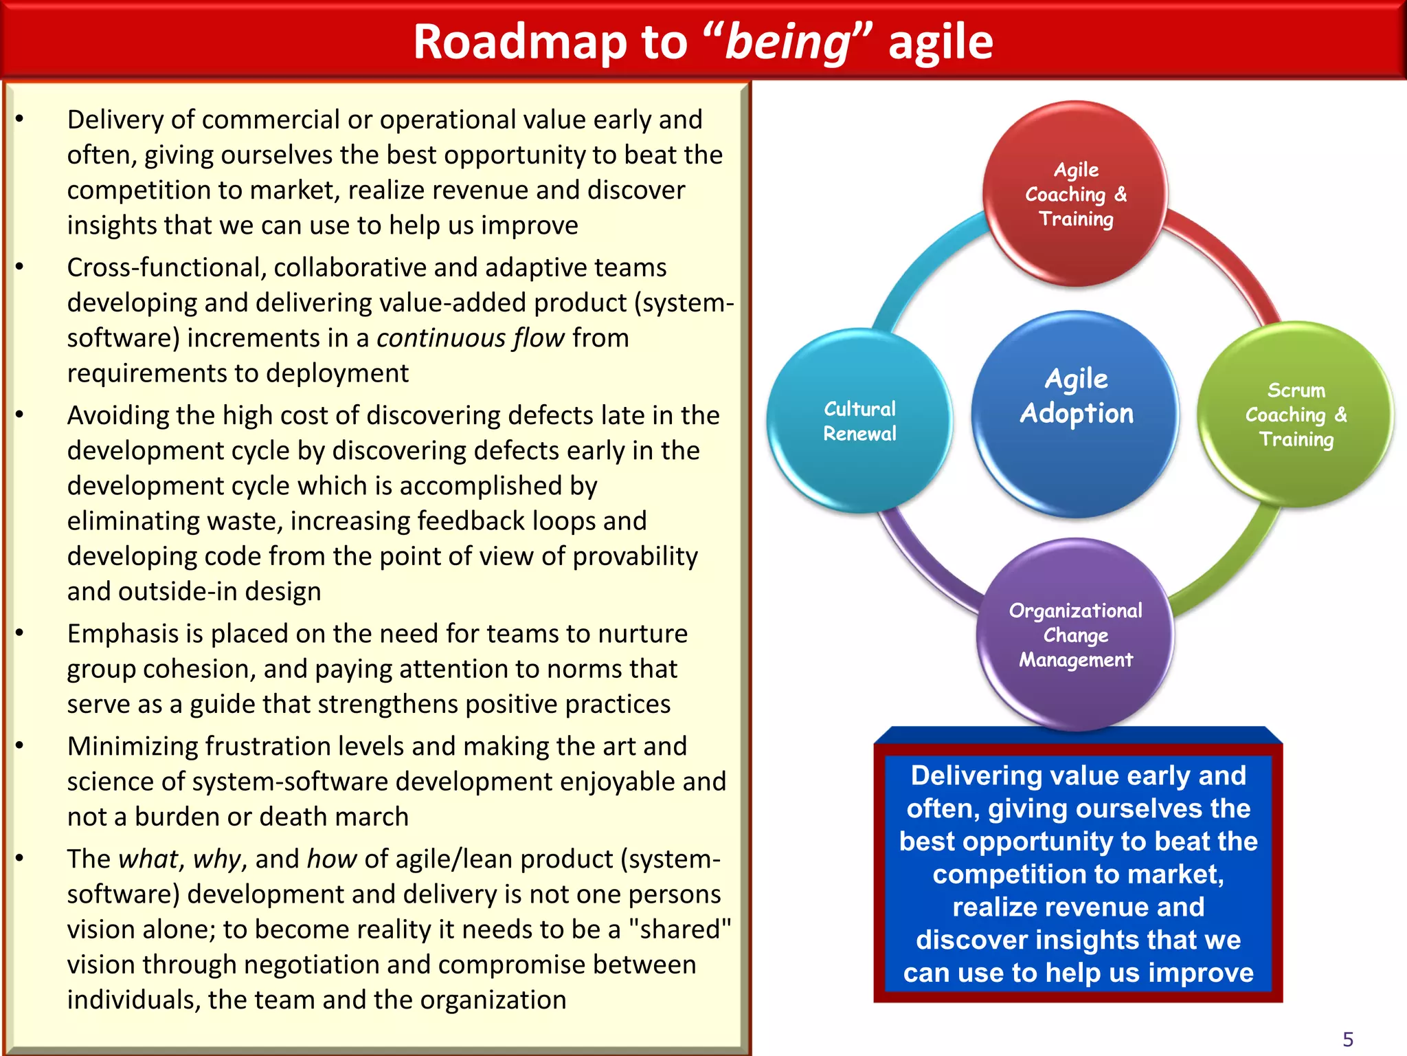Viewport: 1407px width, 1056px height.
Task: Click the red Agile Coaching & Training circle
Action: tap(1076, 194)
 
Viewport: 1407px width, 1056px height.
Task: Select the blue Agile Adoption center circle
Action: tap(1076, 412)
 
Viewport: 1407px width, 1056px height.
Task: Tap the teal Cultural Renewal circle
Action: tap(859, 421)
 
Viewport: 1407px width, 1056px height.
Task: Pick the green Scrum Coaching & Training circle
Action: tap(1296, 415)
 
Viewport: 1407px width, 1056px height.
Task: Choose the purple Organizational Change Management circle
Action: tap(1075, 635)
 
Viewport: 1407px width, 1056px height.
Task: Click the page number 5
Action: tap(1348, 1039)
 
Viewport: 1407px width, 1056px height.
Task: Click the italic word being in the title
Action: tap(788, 43)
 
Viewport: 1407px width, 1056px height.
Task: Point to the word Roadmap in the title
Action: tap(520, 43)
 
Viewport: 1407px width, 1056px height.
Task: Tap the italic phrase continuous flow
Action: tap(471, 338)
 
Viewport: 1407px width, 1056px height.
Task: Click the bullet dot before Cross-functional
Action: tap(20, 267)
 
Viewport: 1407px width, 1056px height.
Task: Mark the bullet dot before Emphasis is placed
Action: tap(20, 633)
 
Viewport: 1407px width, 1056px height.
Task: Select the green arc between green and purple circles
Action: tap(1230, 571)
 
